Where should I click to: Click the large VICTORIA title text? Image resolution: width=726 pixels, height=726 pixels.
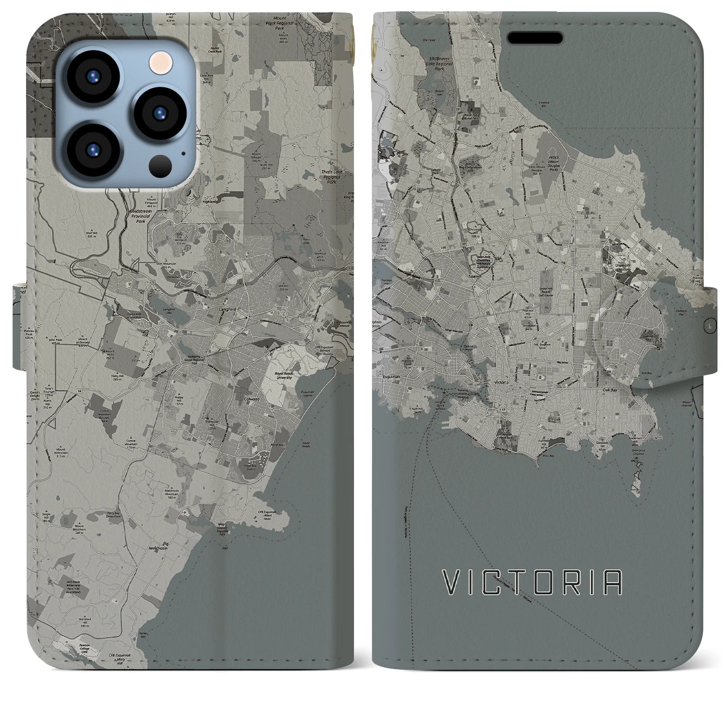tap(532, 583)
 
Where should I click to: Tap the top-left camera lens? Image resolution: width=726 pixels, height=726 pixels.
tap(92, 77)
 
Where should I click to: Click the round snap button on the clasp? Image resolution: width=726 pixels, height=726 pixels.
tap(707, 326)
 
